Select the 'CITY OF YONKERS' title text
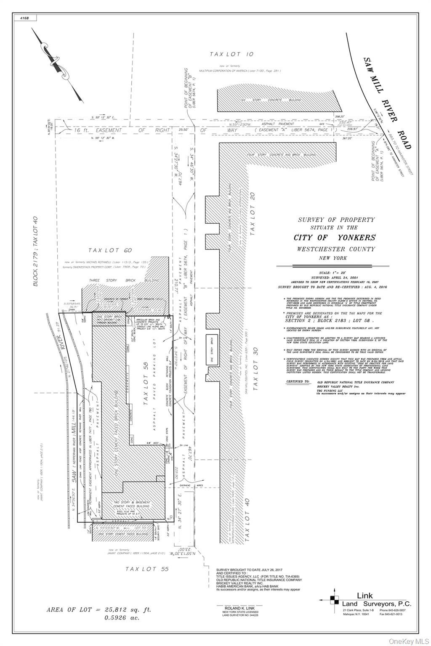[335, 238]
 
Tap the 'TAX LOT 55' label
[147, 569]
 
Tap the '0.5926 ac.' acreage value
[122, 618]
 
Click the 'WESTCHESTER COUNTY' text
[335, 249]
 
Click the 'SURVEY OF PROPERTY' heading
[336, 220]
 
